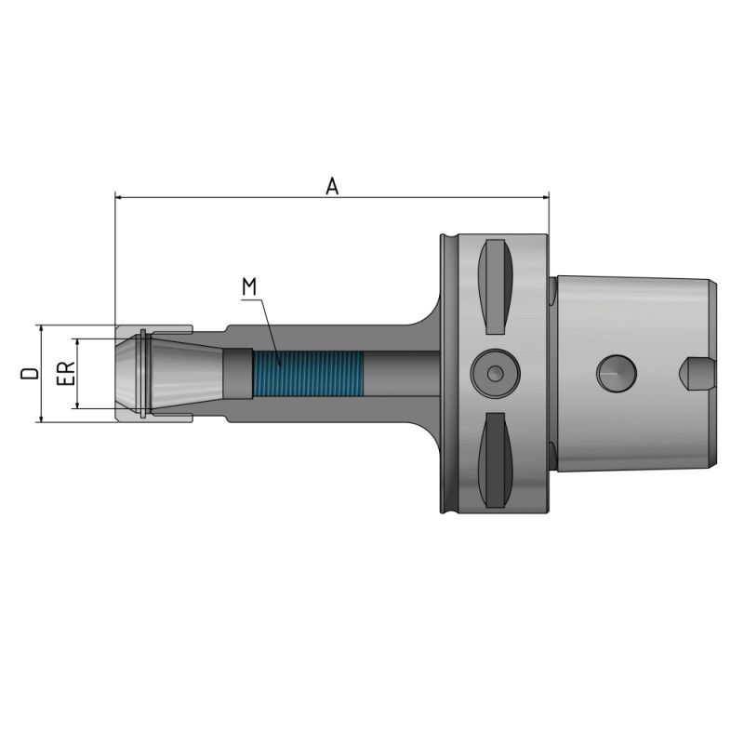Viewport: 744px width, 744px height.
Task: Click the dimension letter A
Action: (x=332, y=186)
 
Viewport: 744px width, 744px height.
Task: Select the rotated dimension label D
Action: (x=31, y=374)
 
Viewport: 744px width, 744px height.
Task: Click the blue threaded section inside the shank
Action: (x=307, y=373)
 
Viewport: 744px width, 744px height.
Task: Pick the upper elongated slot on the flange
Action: (x=494, y=286)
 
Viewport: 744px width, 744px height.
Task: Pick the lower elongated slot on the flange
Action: (x=494, y=460)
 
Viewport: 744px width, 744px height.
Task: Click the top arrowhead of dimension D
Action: (x=42, y=330)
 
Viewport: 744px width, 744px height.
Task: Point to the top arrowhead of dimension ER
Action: (x=78, y=343)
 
